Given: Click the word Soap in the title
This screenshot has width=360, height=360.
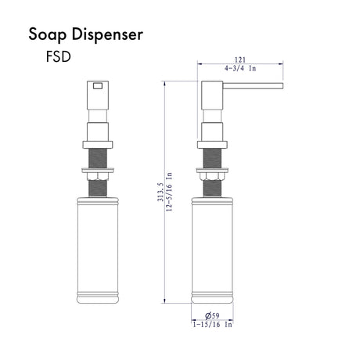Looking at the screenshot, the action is coord(47,34).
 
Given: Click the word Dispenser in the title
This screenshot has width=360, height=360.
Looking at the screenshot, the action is coord(107,34).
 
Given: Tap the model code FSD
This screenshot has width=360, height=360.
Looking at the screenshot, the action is coord(59,56).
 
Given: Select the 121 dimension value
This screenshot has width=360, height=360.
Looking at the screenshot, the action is coord(240,59).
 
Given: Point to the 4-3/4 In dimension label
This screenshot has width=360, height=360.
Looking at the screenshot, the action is coord(240,68).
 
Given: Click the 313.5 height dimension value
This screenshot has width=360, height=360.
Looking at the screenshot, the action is coord(160,192).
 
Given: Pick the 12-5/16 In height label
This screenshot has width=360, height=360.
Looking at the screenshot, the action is coord(169,192).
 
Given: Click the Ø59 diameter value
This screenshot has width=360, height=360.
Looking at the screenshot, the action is coord(212,315).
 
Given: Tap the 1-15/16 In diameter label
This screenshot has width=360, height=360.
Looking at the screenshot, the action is coord(212,325).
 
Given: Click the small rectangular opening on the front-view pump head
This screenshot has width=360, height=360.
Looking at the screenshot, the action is coord(98,86).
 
